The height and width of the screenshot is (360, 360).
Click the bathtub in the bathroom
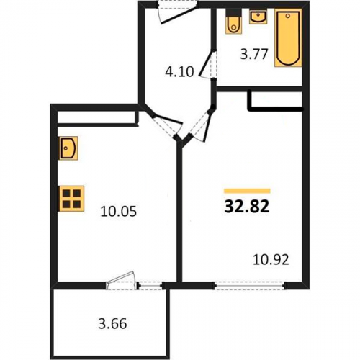click(288, 38)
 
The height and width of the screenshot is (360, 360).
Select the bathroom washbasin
click(258, 17)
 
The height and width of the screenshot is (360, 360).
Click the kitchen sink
click(68, 148)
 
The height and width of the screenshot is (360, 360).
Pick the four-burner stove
click(71, 199)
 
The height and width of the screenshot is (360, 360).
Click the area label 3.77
click(254, 54)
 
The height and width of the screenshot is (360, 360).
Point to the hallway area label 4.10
click(179, 71)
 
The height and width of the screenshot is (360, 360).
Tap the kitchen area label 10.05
click(119, 212)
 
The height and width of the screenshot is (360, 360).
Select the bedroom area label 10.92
click(271, 259)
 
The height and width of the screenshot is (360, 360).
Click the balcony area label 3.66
click(112, 323)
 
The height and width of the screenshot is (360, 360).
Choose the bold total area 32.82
click(247, 207)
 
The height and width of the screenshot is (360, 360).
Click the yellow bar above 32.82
click(247, 191)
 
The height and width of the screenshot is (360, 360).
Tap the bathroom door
click(208, 64)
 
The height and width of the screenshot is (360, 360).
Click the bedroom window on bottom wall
click(250, 286)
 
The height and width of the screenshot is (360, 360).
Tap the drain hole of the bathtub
click(288, 16)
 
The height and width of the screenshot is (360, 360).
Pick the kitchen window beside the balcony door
click(151, 286)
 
